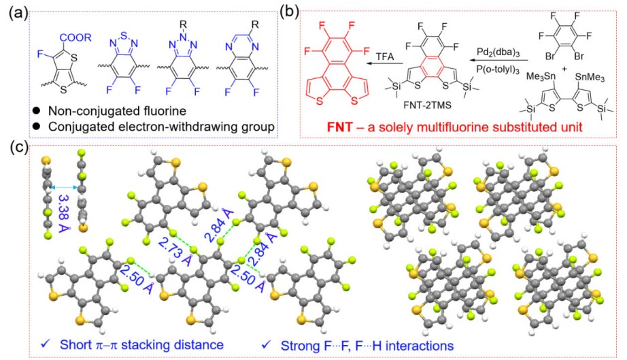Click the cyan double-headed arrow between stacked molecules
click(65, 187)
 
